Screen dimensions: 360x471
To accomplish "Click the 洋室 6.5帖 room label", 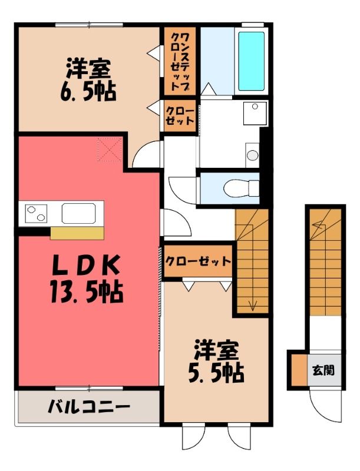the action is click(x=88, y=80).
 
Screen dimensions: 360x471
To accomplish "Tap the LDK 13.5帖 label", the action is click(x=87, y=278).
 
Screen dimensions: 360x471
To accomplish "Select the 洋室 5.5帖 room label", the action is click(x=216, y=361).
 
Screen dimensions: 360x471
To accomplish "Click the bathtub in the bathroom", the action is click(x=251, y=61).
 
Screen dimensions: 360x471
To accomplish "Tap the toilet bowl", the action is click(x=241, y=188).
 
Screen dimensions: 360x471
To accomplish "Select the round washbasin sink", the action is click(x=252, y=155).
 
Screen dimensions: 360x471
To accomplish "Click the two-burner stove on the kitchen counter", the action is click(x=36, y=213).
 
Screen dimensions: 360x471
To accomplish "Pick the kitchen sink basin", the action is click(x=79, y=213).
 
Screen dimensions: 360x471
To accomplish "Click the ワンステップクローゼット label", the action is click(x=180, y=62).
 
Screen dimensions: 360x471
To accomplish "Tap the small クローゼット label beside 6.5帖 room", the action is click(x=180, y=115).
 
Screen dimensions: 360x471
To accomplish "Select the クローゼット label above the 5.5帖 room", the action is click(x=199, y=261).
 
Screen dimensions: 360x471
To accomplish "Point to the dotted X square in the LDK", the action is click(x=110, y=150).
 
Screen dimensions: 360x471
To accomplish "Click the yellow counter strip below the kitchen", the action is click(x=77, y=233).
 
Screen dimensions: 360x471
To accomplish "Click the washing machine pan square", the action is click(x=255, y=113).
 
